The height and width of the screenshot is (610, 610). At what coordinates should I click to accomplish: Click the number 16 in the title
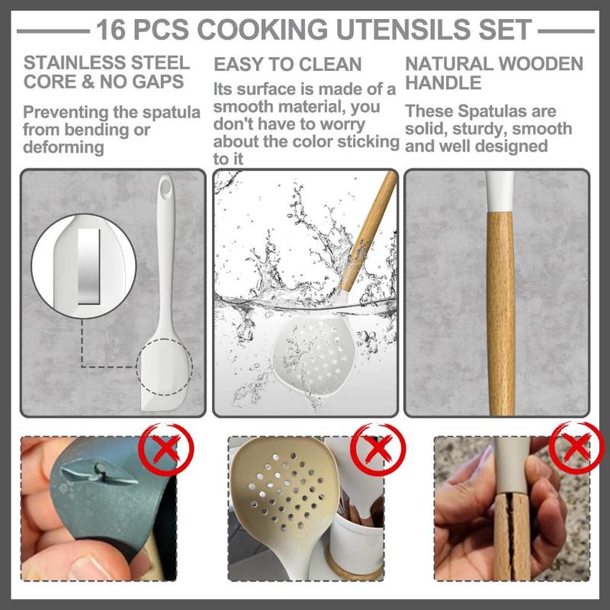[111, 30]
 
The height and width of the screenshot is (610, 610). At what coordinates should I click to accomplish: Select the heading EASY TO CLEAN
[287, 64]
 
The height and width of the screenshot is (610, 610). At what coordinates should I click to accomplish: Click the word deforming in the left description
[63, 147]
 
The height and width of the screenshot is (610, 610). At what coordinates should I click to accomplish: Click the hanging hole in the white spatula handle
[165, 188]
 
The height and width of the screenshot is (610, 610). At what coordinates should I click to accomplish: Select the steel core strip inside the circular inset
[88, 266]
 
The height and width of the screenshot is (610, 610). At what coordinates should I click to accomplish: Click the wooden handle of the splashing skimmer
[368, 232]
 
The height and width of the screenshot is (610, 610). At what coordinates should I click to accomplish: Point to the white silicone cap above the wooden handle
[499, 191]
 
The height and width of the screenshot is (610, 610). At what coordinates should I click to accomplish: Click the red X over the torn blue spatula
[166, 449]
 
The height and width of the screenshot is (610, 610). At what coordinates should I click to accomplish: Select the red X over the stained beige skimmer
[377, 449]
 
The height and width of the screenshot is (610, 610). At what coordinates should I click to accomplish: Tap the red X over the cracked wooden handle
[576, 448]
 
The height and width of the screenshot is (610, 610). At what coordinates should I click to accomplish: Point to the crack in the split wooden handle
[510, 537]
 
